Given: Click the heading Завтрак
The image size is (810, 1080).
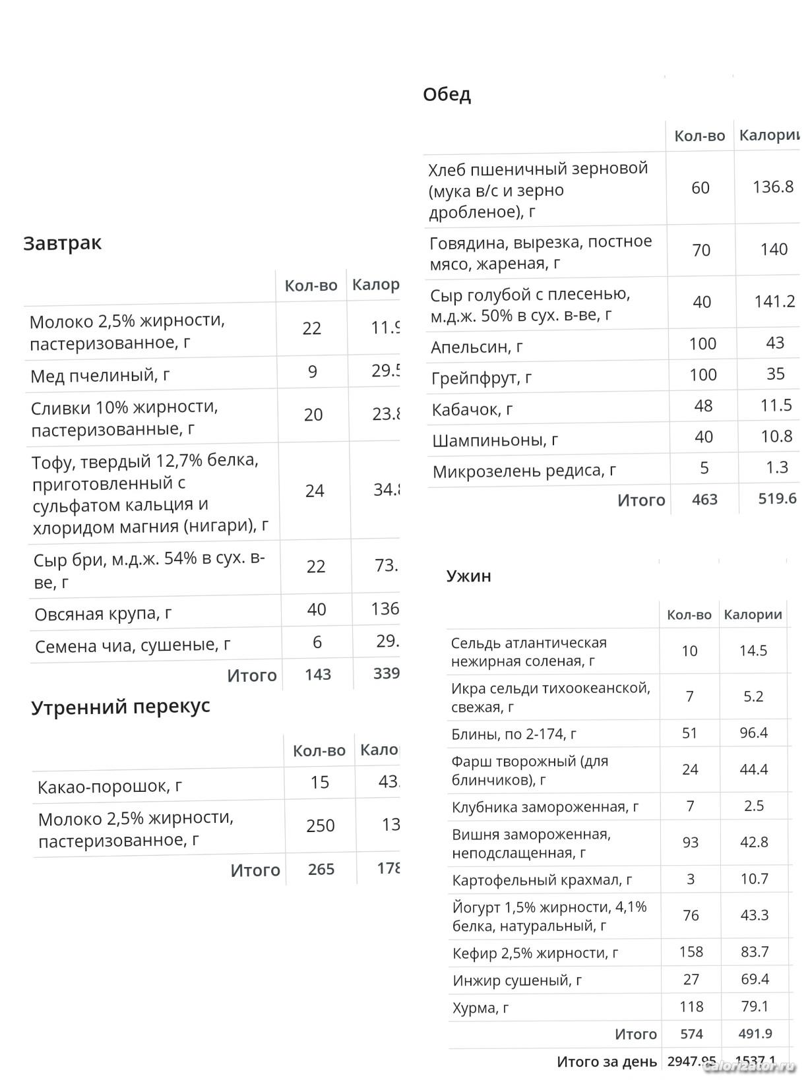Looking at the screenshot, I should (x=62, y=243).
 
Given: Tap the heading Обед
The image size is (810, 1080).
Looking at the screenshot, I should (x=447, y=94).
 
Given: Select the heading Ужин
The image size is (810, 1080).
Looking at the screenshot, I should (x=468, y=576).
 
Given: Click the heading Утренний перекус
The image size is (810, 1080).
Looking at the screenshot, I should (x=121, y=707).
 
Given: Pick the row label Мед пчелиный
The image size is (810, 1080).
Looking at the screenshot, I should (x=100, y=376).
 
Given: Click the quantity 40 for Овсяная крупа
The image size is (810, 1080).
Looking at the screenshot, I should (x=317, y=609).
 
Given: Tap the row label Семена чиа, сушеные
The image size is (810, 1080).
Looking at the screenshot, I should (x=133, y=645).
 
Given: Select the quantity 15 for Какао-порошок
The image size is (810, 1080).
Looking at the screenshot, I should (x=320, y=783).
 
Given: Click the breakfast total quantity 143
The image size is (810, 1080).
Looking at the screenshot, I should (x=318, y=675).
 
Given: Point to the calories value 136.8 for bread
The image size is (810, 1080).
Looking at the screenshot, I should (x=773, y=187).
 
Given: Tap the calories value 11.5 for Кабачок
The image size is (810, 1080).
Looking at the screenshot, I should (x=776, y=405).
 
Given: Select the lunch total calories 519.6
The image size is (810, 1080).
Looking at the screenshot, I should (x=777, y=498).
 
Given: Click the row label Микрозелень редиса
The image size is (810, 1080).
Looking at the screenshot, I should (x=524, y=471).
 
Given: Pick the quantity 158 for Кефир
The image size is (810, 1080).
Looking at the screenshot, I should (x=691, y=952).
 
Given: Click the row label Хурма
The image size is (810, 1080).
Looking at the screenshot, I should (x=480, y=1008).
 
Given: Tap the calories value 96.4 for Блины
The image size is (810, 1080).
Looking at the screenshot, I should (x=753, y=733).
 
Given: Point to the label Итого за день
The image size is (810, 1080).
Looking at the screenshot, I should (x=607, y=1062).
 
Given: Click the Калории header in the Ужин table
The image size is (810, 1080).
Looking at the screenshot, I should (x=753, y=615).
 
